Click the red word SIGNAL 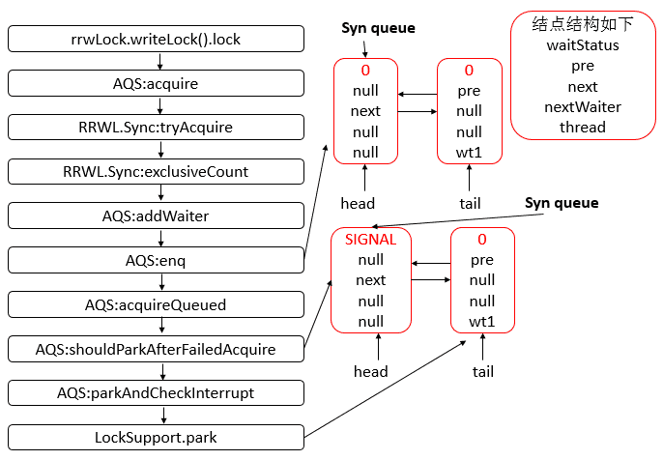tap(370, 239)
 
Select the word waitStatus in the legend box tap(583, 45)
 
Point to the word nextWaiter tap(583, 106)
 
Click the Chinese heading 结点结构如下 tap(583, 24)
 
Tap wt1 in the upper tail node tap(469, 153)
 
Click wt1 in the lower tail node tap(481, 321)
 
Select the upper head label tap(358, 203)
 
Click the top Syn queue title tap(378, 28)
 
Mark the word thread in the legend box tap(583, 127)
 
